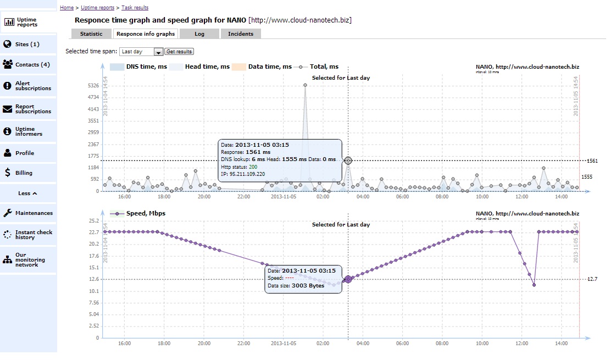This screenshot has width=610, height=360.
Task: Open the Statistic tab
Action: click(91, 34)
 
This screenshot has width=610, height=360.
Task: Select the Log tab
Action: click(199, 34)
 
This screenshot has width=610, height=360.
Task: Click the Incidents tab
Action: click(241, 34)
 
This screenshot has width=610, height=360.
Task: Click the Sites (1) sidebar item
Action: click(27, 44)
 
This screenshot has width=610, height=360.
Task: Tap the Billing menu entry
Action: click(24, 173)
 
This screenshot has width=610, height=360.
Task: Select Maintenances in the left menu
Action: click(34, 213)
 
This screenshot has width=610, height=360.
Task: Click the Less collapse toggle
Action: click(27, 193)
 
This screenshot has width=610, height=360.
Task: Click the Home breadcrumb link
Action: click(66, 8)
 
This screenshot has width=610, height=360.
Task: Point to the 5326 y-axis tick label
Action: click(93, 86)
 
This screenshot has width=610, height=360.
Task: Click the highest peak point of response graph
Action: click(305, 85)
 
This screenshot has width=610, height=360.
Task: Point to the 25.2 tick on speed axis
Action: click(93, 221)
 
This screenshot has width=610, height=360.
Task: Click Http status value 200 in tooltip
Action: click(253, 167)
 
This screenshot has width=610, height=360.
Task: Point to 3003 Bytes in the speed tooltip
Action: click(308, 285)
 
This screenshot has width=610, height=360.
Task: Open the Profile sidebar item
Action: click(24, 153)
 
